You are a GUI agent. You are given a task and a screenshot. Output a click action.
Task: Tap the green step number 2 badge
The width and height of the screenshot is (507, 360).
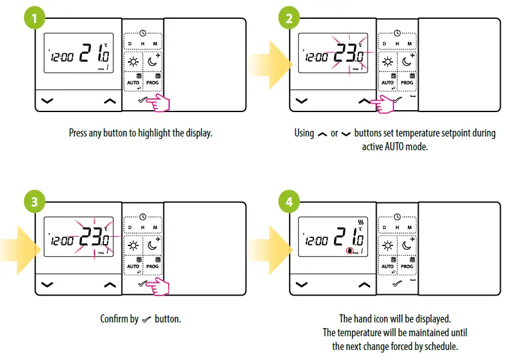coord(289,18)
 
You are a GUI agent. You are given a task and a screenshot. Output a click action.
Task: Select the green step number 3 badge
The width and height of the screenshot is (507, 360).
coord(34,203)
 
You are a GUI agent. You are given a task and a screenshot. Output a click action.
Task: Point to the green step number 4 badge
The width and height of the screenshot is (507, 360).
coord(289,203)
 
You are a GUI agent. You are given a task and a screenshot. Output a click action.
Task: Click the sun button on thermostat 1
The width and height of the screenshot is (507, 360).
coord(133,61)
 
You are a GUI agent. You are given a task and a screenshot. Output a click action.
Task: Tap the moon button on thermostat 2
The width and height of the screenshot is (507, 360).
coord(407,61)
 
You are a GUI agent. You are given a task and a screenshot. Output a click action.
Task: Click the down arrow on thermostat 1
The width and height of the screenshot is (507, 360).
coord(47,100)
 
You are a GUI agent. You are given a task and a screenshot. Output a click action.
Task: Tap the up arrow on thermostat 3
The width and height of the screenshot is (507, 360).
coord(110,284)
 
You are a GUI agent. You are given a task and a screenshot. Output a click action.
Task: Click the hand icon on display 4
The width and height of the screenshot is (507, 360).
coord(349,251)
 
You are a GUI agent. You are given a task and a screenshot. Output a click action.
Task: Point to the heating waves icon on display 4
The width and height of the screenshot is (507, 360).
coord(360,223)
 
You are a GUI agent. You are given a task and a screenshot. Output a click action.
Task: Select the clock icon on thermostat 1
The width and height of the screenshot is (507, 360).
coord(143,33)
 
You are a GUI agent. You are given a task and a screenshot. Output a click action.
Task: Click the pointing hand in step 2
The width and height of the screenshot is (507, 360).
coord(383,104)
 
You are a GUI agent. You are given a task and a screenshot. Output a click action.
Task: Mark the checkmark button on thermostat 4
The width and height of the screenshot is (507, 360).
coord(396,284)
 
